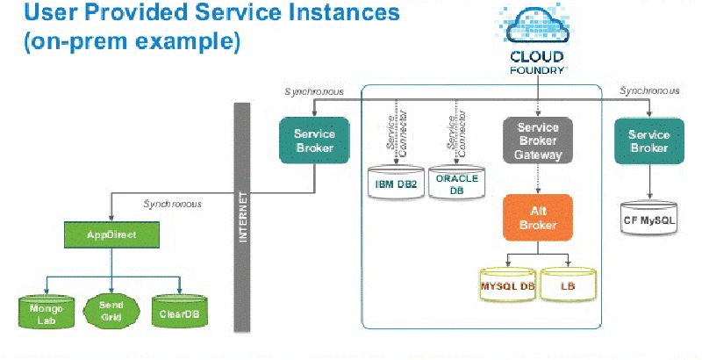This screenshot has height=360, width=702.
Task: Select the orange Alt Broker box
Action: [x=538, y=218]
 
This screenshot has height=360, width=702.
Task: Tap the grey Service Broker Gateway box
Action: [x=538, y=140]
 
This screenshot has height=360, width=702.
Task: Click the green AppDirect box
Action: [x=111, y=234]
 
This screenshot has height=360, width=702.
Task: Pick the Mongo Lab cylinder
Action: [x=47, y=312]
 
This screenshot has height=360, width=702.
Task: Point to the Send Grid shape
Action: [x=111, y=311]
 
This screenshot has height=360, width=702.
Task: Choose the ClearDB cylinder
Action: [x=180, y=311]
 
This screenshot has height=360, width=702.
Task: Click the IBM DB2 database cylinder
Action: [x=396, y=183]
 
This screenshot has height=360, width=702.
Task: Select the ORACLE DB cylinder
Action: [x=456, y=183]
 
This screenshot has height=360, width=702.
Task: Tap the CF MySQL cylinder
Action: [x=649, y=218]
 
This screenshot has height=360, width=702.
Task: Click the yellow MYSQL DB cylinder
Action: [x=508, y=284]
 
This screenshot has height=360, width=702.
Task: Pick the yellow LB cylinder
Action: [x=568, y=284]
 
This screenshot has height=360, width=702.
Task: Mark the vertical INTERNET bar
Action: [x=242, y=217]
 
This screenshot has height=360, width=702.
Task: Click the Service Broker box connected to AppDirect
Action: [x=314, y=140]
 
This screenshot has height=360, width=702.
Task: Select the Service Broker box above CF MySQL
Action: [x=649, y=141]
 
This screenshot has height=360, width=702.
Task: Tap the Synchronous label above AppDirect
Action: [x=172, y=205]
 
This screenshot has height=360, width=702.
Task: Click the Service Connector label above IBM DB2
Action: [x=397, y=133]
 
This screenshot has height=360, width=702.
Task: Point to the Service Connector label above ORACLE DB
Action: [x=456, y=133]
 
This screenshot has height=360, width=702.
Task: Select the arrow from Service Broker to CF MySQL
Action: [x=649, y=182]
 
